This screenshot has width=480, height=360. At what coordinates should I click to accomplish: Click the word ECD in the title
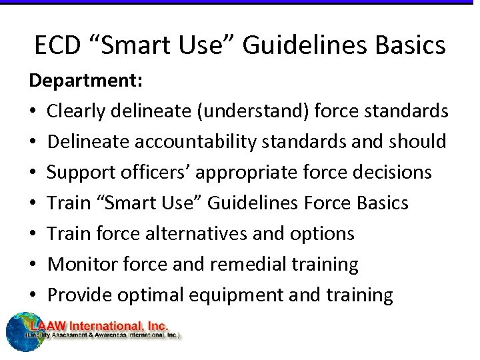59,45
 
